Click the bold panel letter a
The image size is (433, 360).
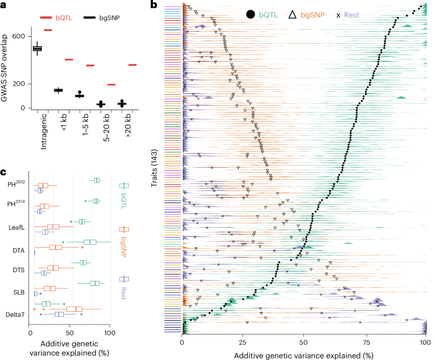pos(4,5)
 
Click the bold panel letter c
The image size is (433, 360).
pos(4,173)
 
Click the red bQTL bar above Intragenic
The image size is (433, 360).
pos(47,30)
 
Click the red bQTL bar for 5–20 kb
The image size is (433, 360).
pos(111,85)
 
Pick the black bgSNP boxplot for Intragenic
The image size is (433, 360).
pos(37,49)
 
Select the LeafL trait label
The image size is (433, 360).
pos(16,226)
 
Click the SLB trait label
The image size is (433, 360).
pos(18,292)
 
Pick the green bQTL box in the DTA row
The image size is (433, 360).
pos(90,242)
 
